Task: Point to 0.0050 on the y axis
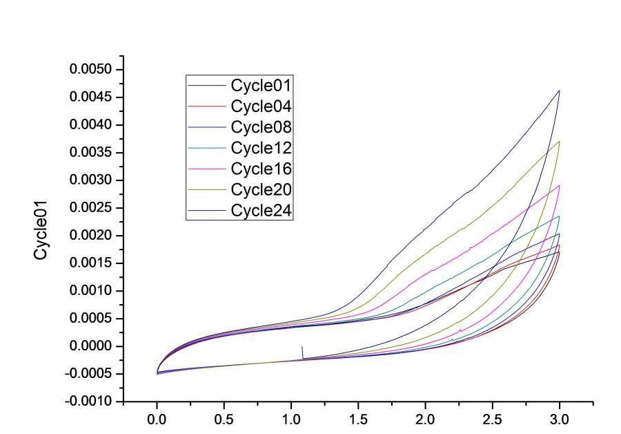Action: click(92, 70)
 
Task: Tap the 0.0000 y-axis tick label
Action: click(92, 346)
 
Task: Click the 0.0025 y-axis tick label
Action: click(92, 208)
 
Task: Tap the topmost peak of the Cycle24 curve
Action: click(559, 91)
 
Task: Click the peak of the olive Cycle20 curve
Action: click(559, 142)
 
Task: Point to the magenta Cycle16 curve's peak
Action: click(559, 185)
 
